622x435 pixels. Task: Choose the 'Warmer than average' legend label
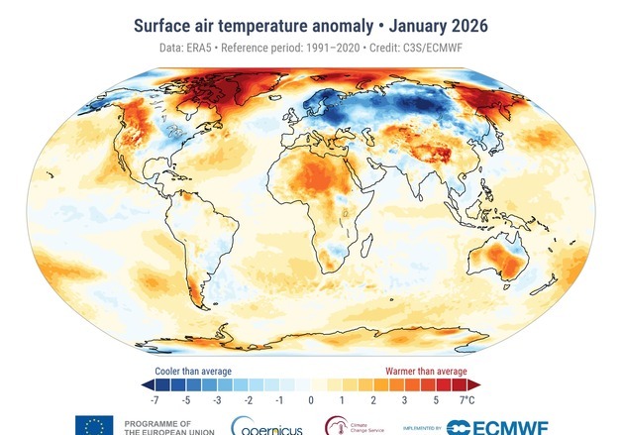(428, 371)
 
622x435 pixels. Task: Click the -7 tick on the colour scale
(154, 400)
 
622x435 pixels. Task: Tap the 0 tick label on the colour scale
(310, 400)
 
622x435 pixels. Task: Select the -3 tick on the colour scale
(216, 400)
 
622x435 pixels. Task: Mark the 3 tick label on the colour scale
(404, 400)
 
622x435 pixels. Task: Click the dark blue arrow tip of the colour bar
(146, 384)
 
